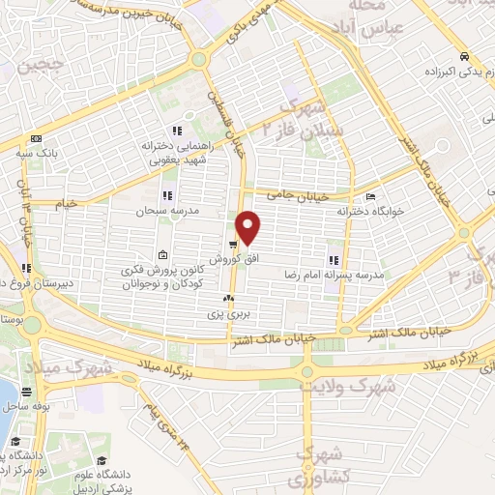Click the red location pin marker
click(249, 227)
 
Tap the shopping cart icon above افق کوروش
click(233, 245)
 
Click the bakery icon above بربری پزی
click(229, 298)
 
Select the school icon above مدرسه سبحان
click(167, 195)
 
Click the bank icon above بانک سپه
click(36, 137)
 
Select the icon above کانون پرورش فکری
click(161, 255)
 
